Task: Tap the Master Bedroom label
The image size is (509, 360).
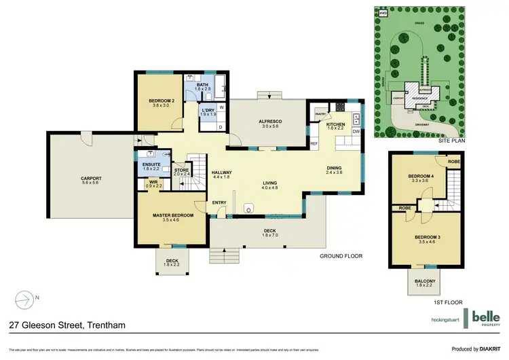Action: (x=173, y=216)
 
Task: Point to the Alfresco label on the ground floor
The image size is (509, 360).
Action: (x=270, y=122)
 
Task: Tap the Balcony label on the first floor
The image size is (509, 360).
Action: (x=425, y=281)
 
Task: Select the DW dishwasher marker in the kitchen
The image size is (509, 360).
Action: (x=356, y=132)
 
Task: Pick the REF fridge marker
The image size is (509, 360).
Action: (x=314, y=143)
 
